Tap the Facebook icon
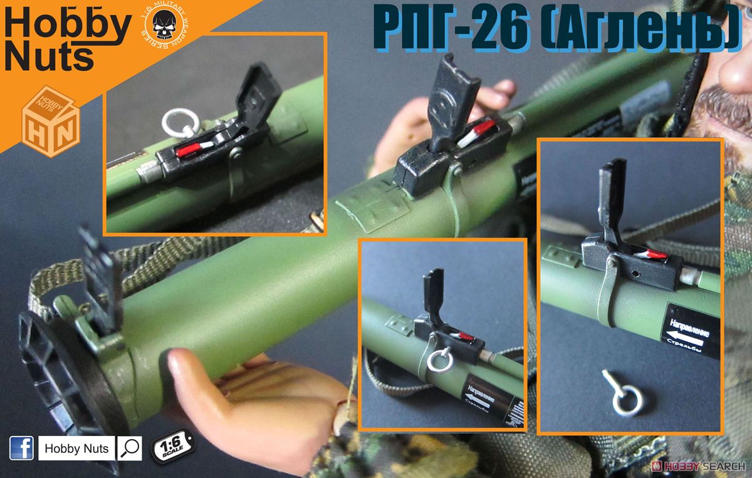[x=21, y=448]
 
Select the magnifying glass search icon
[x=130, y=448]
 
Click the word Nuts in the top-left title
[x=49, y=58]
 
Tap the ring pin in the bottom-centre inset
[x=439, y=360]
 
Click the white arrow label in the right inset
[x=692, y=331]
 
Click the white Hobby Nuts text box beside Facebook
[x=76, y=449]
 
